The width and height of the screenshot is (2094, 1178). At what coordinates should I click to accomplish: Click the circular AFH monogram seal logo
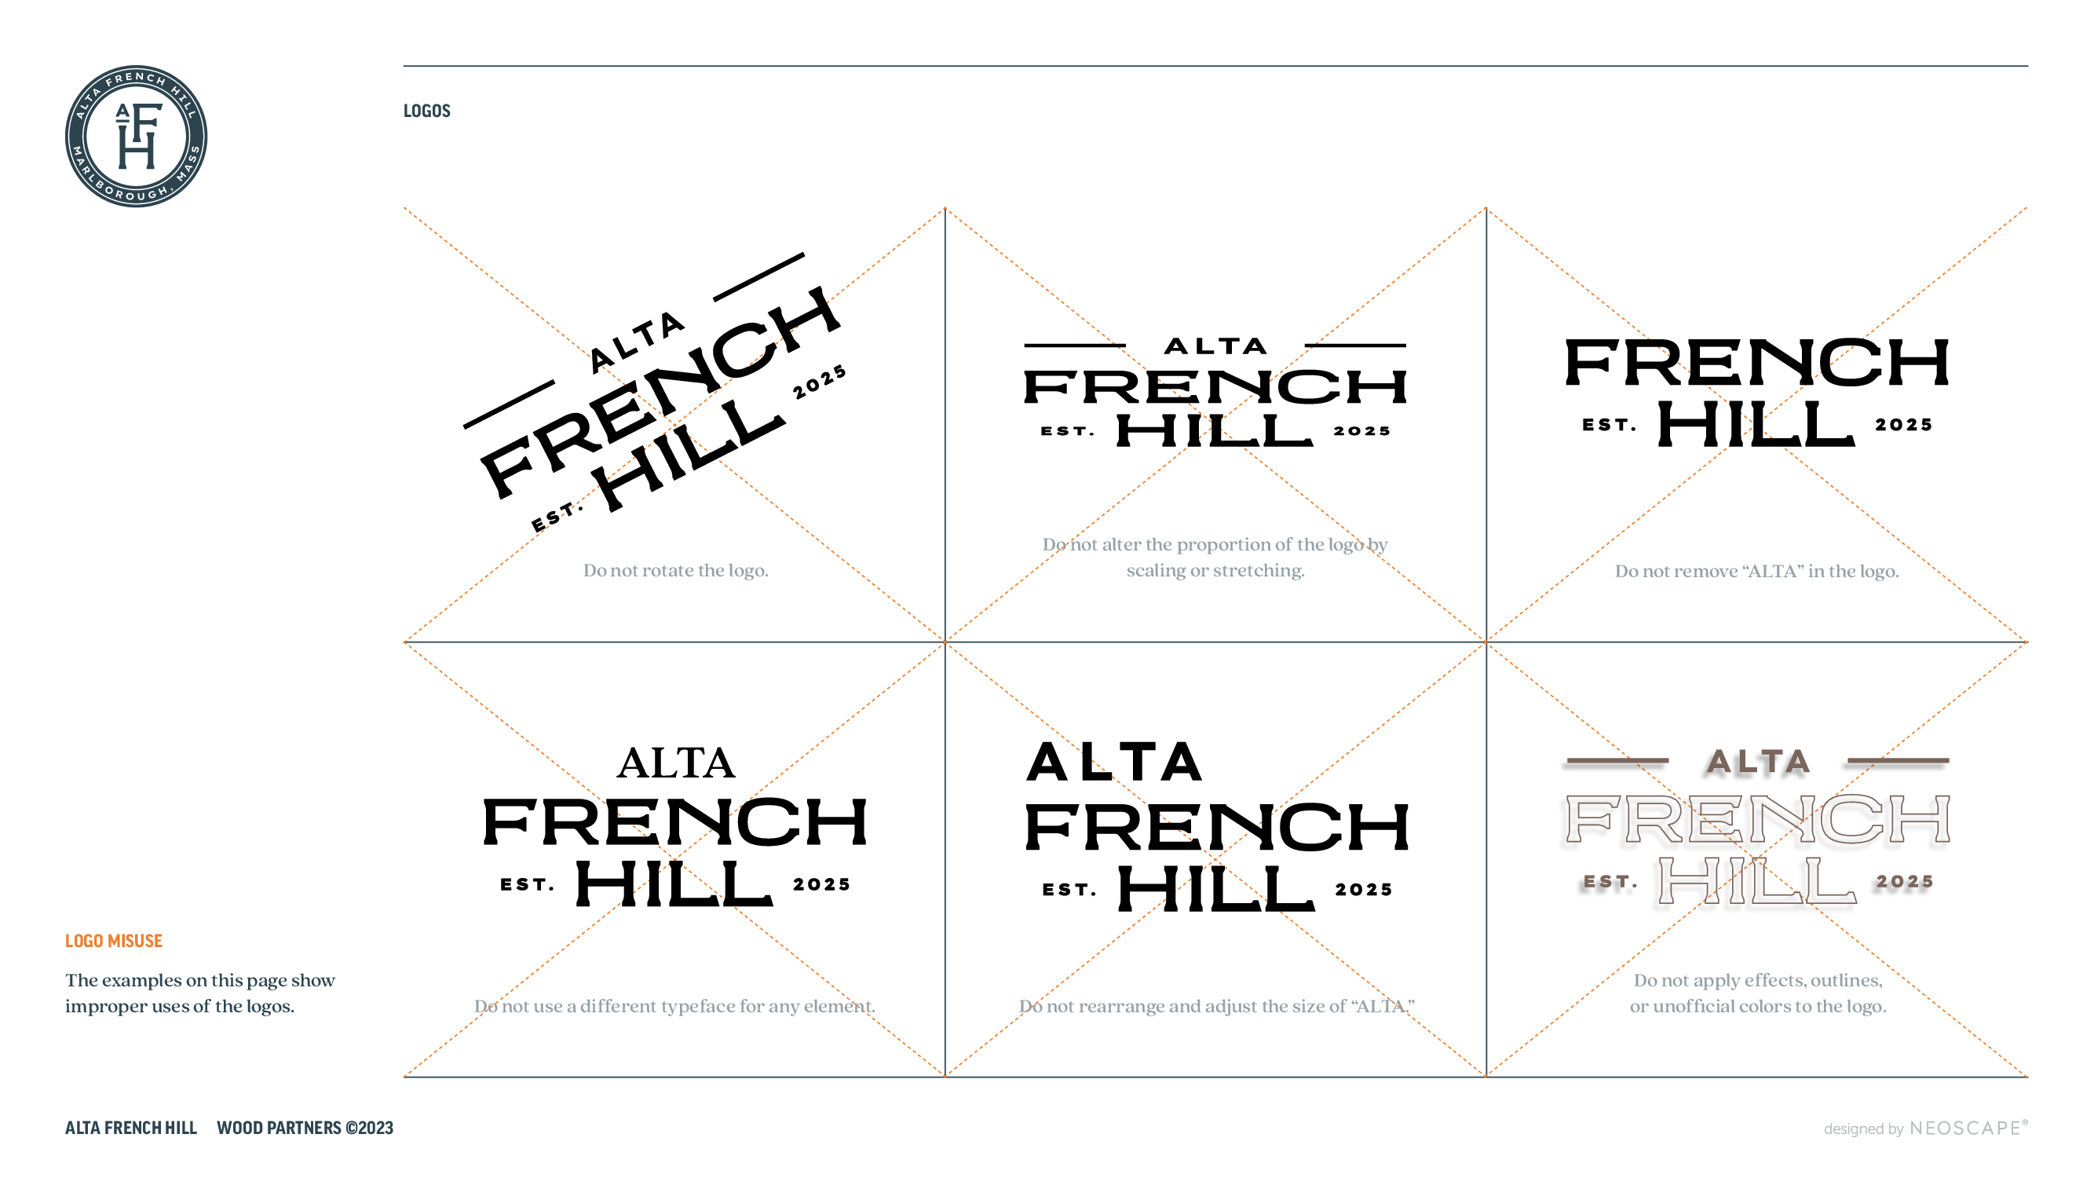(x=136, y=137)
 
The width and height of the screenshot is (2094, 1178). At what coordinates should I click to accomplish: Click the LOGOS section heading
(x=427, y=111)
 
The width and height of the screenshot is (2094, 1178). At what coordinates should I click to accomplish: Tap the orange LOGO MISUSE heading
(x=114, y=941)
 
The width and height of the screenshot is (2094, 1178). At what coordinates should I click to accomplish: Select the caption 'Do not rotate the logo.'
(x=674, y=570)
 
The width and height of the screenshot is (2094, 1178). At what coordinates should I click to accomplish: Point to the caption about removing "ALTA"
(x=1756, y=571)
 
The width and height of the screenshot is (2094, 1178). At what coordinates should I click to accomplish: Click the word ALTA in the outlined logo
(x=1758, y=762)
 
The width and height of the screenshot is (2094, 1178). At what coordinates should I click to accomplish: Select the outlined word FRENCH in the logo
(x=1757, y=818)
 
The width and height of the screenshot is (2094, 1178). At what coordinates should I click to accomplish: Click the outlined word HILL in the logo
(x=1757, y=880)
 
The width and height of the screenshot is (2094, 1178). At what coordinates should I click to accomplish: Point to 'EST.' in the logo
(x=1610, y=881)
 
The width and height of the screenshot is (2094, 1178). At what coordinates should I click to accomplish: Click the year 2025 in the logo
(x=1905, y=881)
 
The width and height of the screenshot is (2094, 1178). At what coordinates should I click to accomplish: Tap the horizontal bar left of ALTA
(x=1617, y=760)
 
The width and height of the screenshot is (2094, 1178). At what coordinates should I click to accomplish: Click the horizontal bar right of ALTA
(x=1898, y=760)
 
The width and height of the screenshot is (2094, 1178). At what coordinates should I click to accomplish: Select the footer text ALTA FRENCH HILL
(x=131, y=1128)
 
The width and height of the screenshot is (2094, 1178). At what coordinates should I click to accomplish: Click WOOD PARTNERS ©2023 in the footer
(x=305, y=1128)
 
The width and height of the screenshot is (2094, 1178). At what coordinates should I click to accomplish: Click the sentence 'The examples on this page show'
(x=200, y=980)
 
